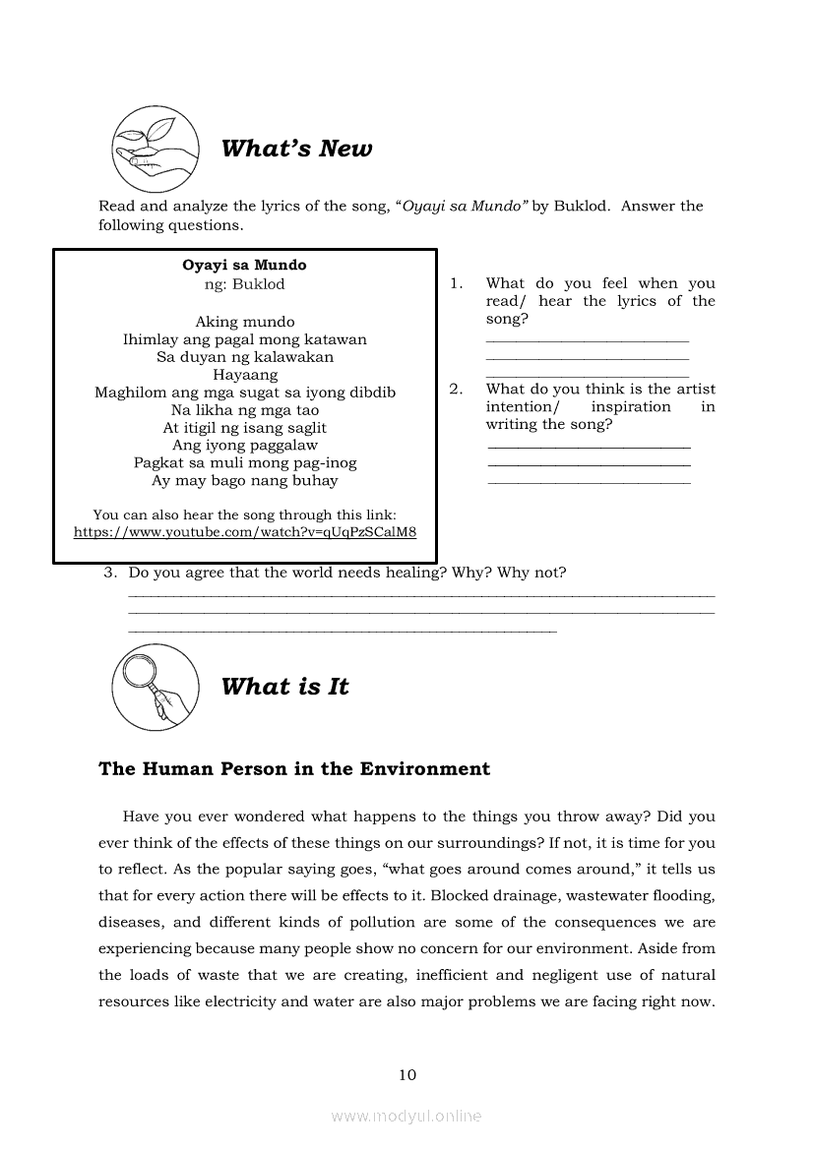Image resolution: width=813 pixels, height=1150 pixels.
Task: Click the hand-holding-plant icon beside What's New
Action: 156,150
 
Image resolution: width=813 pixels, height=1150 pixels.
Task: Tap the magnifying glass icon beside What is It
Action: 156,687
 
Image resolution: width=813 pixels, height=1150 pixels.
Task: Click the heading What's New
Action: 296,149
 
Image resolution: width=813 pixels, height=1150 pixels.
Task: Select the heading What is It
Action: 284,687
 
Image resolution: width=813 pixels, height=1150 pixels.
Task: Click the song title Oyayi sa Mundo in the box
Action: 244,266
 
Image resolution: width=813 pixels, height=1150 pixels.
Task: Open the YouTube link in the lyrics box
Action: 245,532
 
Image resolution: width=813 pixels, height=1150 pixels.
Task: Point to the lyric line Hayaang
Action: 245,375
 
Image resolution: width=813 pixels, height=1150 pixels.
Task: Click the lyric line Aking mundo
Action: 245,322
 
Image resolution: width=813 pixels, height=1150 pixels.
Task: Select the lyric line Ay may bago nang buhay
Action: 245,481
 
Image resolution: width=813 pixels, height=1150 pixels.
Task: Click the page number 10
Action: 407,1074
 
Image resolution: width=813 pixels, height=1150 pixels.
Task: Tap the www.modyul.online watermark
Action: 406,1116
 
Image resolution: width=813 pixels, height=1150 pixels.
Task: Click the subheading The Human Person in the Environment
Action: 294,769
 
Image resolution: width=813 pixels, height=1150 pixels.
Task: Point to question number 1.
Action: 456,283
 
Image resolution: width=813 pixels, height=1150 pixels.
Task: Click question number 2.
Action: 456,390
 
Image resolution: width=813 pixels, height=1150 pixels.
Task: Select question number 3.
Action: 110,573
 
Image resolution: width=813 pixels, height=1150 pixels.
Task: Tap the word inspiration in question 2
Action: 631,407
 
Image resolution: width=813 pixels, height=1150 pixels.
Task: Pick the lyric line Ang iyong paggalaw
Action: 245,446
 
